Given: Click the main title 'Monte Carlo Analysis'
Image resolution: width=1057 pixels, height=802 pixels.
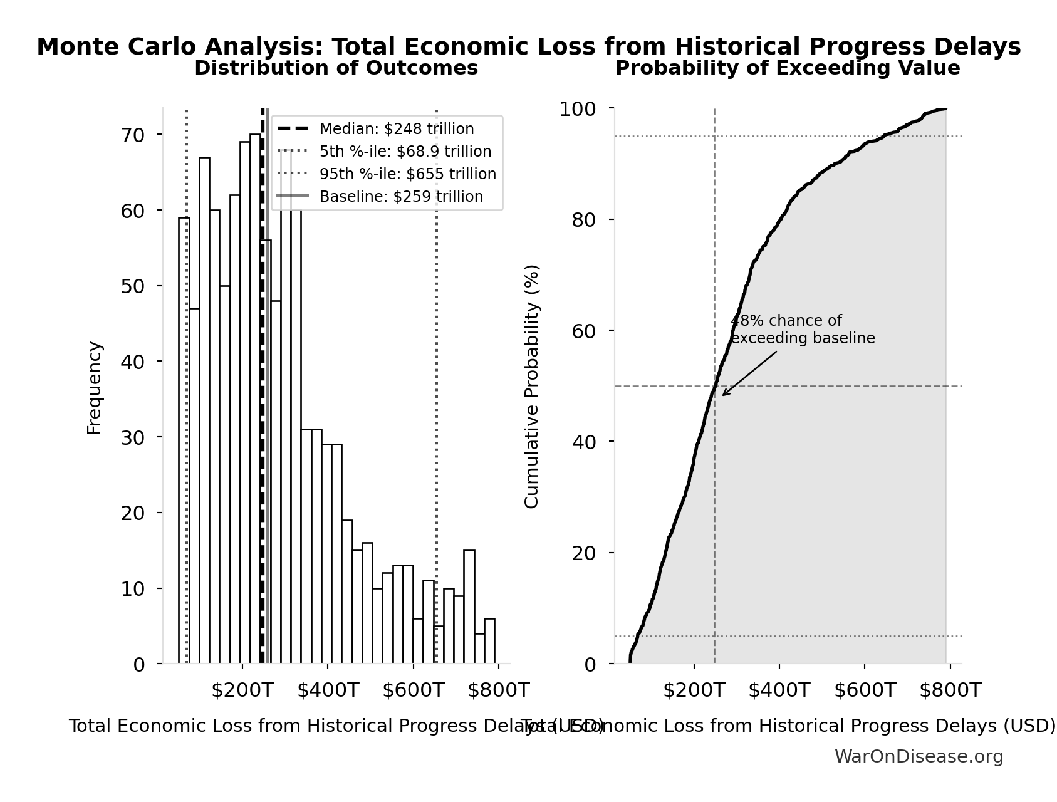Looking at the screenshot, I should (x=528, y=47).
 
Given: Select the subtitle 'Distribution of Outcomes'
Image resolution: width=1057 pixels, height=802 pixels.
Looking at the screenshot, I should (x=336, y=68).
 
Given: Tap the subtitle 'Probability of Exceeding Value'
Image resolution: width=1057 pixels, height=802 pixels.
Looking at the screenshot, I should (x=788, y=68).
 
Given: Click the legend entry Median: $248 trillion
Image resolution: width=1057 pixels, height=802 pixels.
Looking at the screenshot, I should (x=396, y=129).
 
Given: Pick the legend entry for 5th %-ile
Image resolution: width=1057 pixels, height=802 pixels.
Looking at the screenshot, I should (x=405, y=152).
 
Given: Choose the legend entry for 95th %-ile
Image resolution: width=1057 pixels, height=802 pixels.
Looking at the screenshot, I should (x=407, y=174).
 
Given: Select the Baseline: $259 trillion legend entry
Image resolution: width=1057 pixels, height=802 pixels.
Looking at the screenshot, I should (x=401, y=197).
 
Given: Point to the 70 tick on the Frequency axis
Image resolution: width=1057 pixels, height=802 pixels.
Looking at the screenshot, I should (x=132, y=135).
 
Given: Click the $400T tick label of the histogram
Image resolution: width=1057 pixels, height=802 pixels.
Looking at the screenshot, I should (x=328, y=690).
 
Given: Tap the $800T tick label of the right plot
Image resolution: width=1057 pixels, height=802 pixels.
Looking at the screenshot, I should (x=950, y=690).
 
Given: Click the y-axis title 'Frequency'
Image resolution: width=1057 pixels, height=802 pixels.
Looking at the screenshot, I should (x=95, y=388).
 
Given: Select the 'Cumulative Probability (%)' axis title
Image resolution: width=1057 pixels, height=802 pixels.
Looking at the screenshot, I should (x=532, y=387).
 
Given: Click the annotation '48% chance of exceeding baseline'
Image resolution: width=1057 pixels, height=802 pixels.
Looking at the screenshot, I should (x=802, y=330).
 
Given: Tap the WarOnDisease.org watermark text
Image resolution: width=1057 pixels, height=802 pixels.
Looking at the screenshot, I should (x=919, y=757).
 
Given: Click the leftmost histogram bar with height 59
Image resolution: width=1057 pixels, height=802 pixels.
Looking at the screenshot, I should (x=184, y=439).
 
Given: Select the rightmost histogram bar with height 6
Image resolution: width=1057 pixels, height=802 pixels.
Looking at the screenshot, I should (x=489, y=641).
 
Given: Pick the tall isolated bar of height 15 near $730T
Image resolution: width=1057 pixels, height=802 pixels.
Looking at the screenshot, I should (x=469, y=607).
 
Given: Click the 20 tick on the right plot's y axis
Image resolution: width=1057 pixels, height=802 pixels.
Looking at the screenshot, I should (x=585, y=553).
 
